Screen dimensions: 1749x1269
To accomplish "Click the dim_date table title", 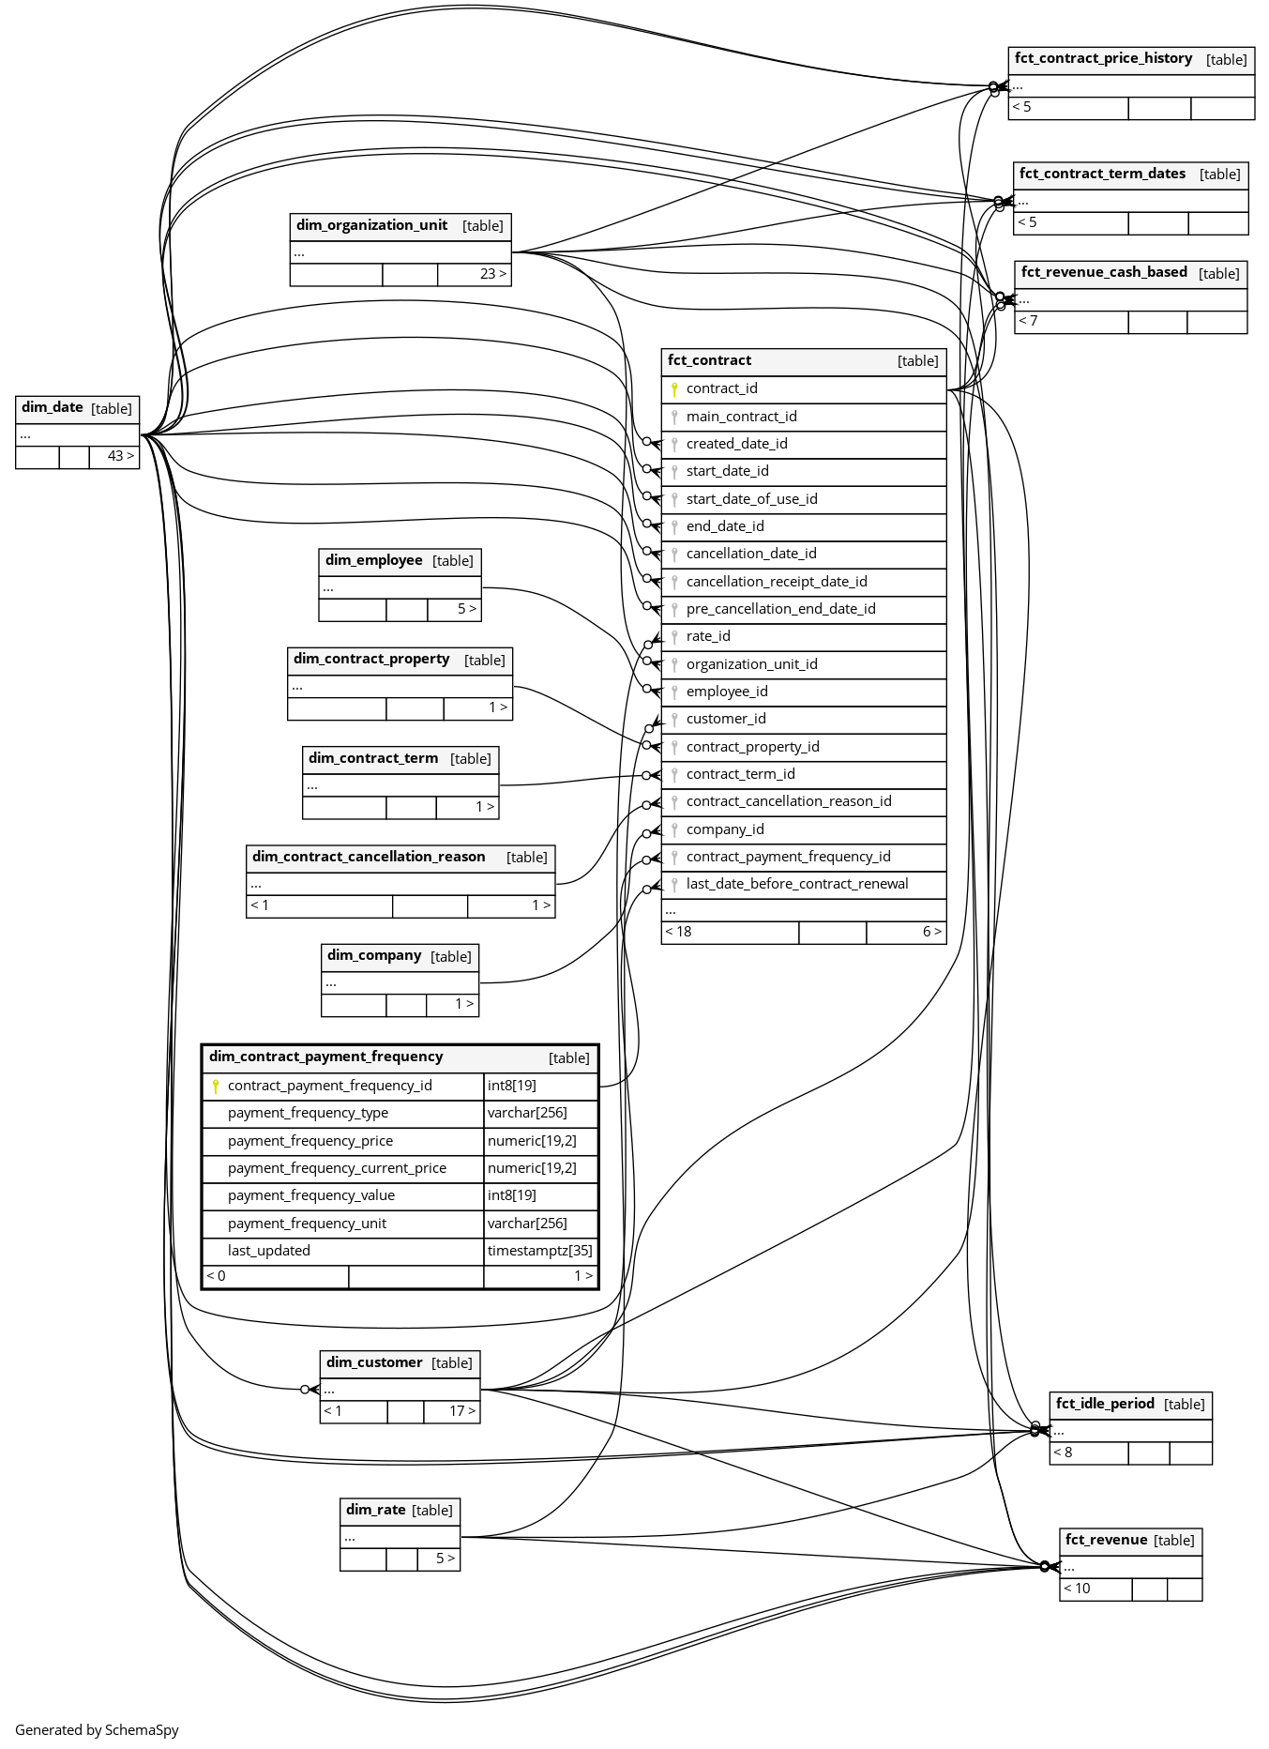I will coord(53,407).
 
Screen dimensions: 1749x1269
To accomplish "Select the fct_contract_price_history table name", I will coord(1103,58).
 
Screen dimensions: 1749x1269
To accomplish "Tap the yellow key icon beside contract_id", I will coord(674,388).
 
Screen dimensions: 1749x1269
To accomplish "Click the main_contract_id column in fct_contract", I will coord(741,417).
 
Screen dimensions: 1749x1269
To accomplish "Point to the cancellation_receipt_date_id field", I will coord(776,582).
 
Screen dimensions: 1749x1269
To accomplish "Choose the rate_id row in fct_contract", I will coord(707,636).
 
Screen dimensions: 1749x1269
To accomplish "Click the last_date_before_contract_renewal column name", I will coord(796,884).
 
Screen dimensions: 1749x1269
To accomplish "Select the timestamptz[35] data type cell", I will coord(539,1251).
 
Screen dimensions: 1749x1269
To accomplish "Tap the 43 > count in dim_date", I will coord(120,456).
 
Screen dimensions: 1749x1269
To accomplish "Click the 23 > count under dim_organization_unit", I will coord(492,274).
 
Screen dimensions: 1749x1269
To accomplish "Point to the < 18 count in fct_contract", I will coord(678,932).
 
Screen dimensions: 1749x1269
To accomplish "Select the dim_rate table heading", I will coord(375,1510).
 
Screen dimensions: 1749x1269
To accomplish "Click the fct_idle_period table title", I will coord(1104,1404).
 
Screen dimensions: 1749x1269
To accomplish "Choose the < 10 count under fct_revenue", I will coord(1077,1589).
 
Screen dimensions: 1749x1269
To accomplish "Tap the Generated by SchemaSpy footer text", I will coord(97,1730).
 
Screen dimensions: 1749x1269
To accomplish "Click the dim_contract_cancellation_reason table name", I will coord(369,857).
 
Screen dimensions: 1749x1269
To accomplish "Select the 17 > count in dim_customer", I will coord(461,1411).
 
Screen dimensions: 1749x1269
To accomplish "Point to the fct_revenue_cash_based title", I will coord(1103,272).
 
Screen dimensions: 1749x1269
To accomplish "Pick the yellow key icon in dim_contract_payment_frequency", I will coord(216,1086).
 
